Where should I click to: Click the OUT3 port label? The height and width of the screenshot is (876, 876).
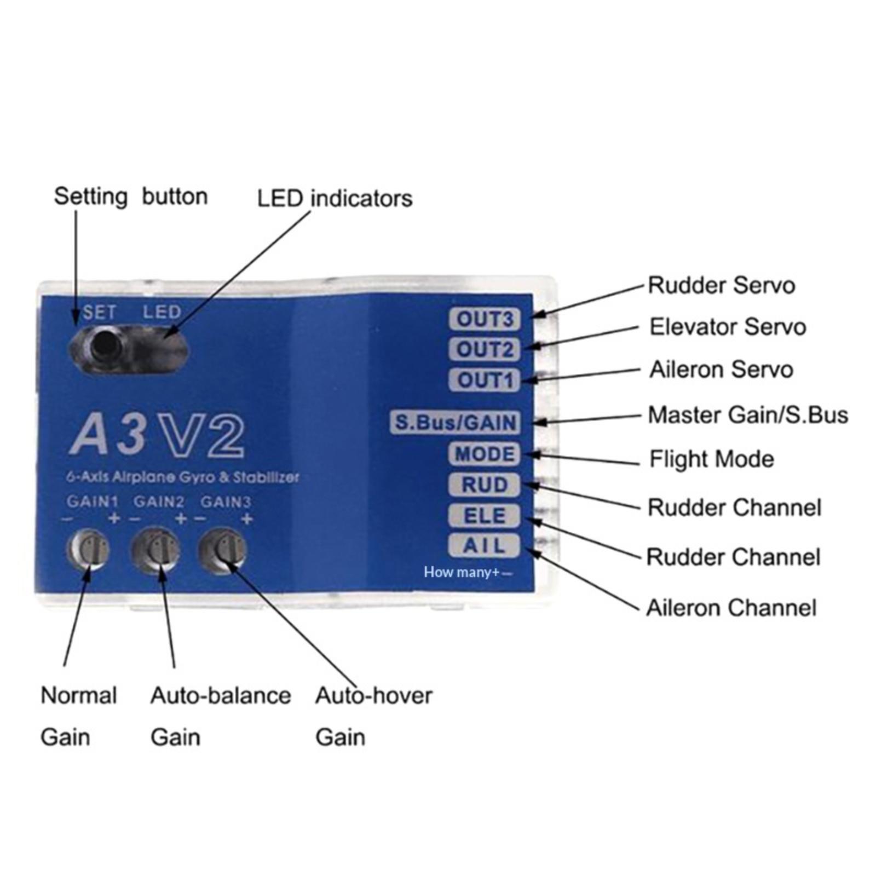click(485, 319)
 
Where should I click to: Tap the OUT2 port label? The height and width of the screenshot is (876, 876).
click(485, 349)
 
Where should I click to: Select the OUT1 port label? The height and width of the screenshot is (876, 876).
click(485, 380)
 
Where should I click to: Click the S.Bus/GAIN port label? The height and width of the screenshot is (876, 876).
click(456, 423)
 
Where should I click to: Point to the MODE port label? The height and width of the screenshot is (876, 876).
click(485, 454)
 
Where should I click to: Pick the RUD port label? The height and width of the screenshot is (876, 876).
click(485, 485)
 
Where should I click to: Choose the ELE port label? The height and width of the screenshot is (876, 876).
click(485, 516)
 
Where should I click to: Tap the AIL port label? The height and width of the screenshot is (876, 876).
click(485, 546)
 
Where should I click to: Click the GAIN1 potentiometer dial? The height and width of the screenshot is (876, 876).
click(88, 550)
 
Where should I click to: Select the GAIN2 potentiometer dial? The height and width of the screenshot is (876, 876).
click(155, 550)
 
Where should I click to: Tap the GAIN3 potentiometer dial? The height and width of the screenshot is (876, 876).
click(222, 550)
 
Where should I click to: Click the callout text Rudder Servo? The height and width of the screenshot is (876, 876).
click(721, 285)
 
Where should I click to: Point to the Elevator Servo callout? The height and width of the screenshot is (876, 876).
click(728, 327)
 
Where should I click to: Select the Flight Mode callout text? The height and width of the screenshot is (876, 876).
click(712, 459)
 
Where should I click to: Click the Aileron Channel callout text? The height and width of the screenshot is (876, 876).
click(731, 608)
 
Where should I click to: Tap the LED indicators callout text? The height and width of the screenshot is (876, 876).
click(335, 198)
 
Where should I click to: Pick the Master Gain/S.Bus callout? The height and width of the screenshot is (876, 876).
click(748, 415)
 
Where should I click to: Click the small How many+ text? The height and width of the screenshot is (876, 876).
click(462, 573)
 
